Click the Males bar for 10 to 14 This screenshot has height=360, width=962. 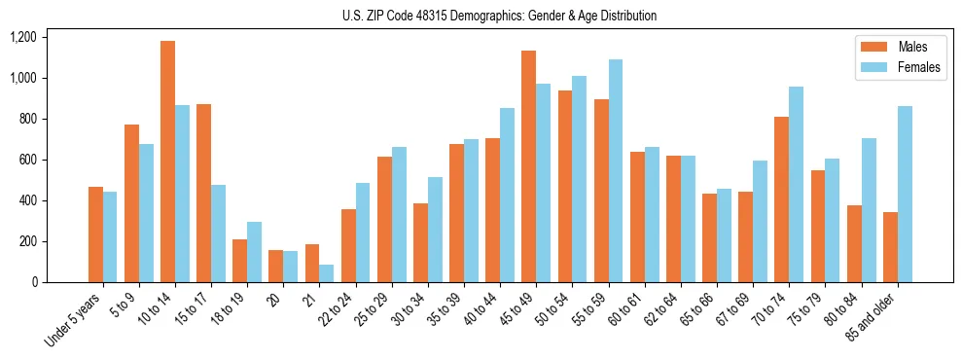(x=168, y=162)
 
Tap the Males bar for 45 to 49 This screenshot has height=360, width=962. (x=529, y=166)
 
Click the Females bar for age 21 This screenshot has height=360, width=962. (x=327, y=273)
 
